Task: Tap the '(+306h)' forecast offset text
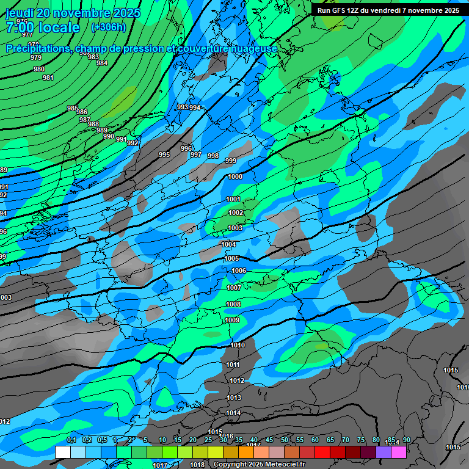coord(108,27)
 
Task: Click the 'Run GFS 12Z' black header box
coord(388,10)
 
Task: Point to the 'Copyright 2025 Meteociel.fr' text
coord(259,465)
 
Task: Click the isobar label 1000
coord(234,176)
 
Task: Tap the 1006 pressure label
coord(239,271)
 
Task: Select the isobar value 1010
coord(238,346)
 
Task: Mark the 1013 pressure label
coord(234,398)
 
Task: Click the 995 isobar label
coord(164,155)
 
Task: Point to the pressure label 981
coord(48,78)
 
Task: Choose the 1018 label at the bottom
coord(197,465)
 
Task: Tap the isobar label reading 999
coord(231,161)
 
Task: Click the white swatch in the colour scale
coord(62,452)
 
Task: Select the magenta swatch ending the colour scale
coord(399,452)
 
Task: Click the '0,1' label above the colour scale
coord(71,440)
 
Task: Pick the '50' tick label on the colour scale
coord(285,440)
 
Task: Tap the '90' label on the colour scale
coord(406,440)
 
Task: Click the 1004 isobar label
coord(228,244)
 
